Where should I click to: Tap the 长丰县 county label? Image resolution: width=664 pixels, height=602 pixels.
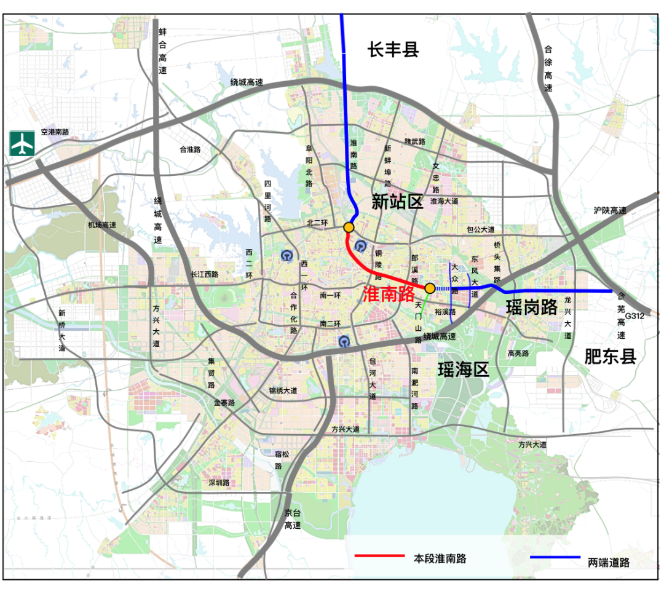[393, 50]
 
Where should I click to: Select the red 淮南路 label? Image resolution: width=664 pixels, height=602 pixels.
[389, 294]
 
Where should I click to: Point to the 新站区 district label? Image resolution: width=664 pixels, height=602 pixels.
[398, 202]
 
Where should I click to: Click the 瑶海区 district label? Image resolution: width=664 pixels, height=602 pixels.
[463, 370]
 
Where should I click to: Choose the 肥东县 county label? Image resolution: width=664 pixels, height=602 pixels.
[610, 357]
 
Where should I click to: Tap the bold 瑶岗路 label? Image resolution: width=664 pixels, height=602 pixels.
[531, 307]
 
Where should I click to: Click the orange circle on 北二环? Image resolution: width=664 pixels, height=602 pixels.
[349, 227]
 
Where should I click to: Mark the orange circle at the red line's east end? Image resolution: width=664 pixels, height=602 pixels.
[430, 288]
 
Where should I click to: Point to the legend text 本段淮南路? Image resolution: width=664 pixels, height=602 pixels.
[440, 558]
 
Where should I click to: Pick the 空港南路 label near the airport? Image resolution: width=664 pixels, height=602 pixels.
[55, 132]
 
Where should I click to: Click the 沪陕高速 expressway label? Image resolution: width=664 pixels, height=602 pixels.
[610, 210]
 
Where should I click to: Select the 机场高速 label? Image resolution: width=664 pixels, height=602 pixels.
[102, 225]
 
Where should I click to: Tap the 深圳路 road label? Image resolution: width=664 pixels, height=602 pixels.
[219, 483]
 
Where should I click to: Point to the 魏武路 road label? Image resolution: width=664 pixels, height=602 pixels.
[414, 141]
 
